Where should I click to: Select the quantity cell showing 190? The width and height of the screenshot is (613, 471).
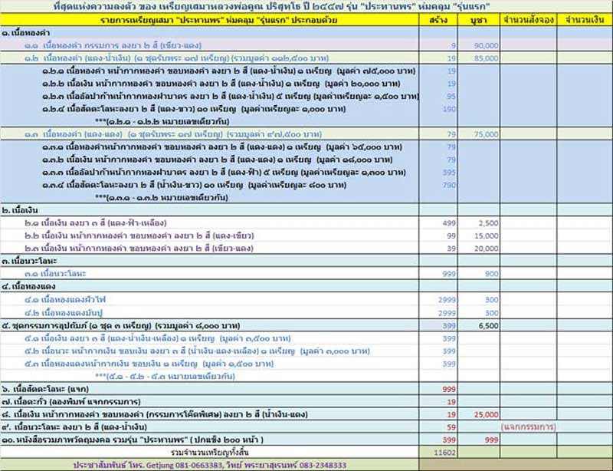450,109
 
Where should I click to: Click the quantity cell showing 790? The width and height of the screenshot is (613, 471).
450,184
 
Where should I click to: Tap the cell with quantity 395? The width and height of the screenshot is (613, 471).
450,172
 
